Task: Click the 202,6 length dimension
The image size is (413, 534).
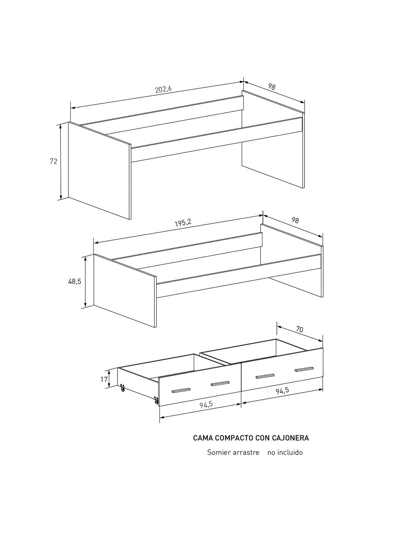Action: tap(163, 89)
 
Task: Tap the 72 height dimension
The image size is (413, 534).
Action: tap(54, 161)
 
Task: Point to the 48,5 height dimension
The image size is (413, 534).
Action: tap(74, 281)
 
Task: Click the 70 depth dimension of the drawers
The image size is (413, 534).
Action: tap(300, 329)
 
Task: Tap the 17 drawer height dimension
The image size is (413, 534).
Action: tap(104, 379)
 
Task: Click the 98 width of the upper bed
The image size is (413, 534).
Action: tap(272, 86)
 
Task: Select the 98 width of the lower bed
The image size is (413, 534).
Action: tap(295, 220)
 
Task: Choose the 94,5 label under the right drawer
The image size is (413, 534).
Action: tap(282, 391)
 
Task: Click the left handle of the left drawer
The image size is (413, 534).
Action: tap(181, 390)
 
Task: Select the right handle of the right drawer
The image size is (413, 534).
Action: tap(304, 369)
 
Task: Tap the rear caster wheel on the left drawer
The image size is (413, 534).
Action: tap(122, 388)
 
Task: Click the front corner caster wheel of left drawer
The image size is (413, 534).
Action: tap(156, 400)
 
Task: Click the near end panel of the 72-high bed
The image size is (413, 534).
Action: tap(99, 170)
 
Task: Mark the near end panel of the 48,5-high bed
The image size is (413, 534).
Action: tap(125, 291)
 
